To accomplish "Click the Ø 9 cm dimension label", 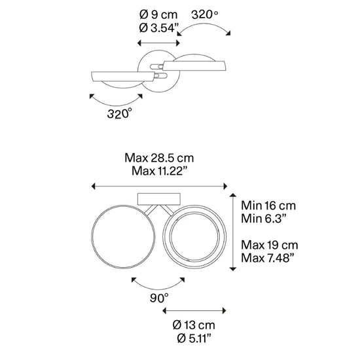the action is (x=158, y=15).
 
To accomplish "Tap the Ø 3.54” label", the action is (x=159, y=28).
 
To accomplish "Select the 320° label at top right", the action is (x=205, y=14).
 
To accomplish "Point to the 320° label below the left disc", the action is (x=120, y=114).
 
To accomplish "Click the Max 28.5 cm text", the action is (x=159, y=158).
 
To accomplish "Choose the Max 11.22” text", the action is (x=160, y=171).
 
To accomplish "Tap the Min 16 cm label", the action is (x=268, y=206).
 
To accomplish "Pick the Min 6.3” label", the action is (x=264, y=219).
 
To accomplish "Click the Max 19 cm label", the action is (x=270, y=245).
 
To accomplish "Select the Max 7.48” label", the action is (x=268, y=258).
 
